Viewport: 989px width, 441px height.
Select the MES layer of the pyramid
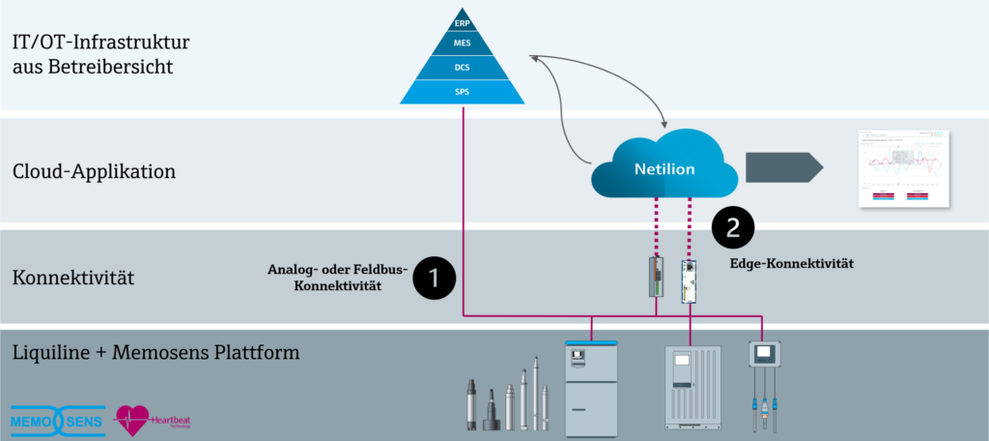tap(462, 44)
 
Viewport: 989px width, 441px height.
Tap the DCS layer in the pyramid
tap(462, 68)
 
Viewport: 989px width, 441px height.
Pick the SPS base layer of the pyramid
tap(462, 92)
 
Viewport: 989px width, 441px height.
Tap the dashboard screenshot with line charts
tap(903, 167)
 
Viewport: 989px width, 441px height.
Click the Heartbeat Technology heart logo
tap(132, 420)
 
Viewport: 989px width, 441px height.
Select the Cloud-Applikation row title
tap(94, 172)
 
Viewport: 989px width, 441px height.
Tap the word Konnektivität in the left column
tap(72, 279)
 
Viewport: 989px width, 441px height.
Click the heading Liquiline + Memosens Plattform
tap(155, 352)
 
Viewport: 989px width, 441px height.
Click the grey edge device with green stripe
tap(657, 277)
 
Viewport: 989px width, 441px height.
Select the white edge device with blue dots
tap(690, 278)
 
